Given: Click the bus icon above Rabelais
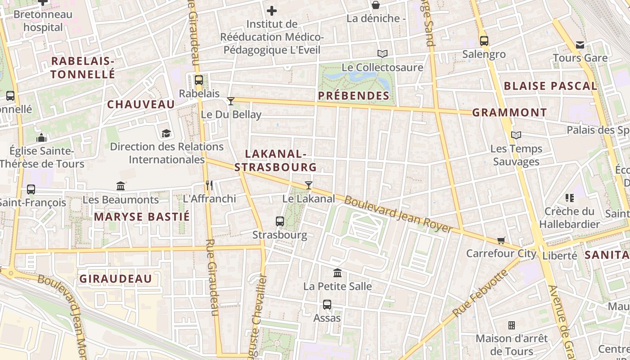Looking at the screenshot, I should (x=198, y=80).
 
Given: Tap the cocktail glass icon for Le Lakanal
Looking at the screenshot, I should (x=309, y=185).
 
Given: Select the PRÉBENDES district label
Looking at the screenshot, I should (x=354, y=95).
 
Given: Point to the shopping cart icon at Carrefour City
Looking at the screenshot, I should (x=501, y=240).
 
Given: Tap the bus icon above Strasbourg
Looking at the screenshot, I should (x=280, y=221).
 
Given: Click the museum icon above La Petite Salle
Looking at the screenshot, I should (x=337, y=273).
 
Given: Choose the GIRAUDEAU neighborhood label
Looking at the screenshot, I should (x=116, y=279).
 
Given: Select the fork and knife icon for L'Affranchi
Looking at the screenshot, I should (x=209, y=185).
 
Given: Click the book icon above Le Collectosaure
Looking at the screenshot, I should (x=382, y=54).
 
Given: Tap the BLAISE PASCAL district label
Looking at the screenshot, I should (x=550, y=86).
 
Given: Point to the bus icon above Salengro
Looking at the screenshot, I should (x=484, y=41).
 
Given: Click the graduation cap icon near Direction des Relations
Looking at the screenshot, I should (x=166, y=133).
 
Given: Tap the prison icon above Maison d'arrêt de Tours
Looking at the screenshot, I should (x=512, y=325).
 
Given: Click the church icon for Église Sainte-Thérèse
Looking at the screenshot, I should (x=42, y=137).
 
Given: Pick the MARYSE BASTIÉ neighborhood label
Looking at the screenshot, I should (x=142, y=217).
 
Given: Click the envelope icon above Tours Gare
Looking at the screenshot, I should (x=580, y=45).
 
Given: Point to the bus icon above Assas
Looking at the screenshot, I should (x=327, y=305).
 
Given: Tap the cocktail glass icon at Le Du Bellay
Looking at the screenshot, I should (x=231, y=101).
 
